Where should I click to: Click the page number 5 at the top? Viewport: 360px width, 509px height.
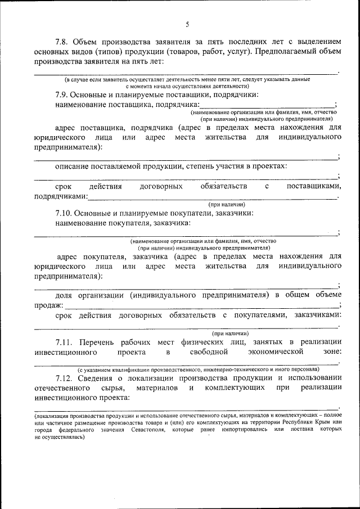click(x=188, y=24)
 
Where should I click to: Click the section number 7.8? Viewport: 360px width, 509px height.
click(x=63, y=42)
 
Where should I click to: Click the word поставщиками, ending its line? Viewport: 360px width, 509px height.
click(x=313, y=186)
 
